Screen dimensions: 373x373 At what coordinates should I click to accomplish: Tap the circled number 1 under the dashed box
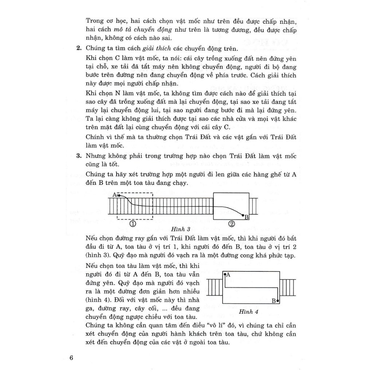tap(133, 224)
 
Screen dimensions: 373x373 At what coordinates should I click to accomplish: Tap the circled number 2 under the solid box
tap(232, 224)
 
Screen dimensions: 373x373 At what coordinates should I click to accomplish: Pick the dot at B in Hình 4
tap(278, 301)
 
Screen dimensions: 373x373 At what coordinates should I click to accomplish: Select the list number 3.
tap(78, 156)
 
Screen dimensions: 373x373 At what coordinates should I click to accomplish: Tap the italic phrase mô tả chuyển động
tap(131, 30)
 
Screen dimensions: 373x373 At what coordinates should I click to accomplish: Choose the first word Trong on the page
tap(94, 20)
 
